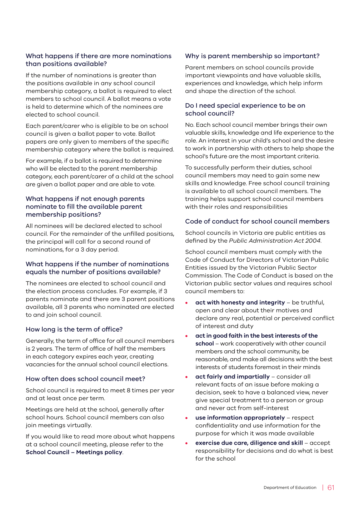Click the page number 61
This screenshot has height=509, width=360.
tap(331, 488)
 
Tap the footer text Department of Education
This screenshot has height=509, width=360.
tap(290, 488)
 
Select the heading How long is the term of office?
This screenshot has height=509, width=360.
tap(74, 329)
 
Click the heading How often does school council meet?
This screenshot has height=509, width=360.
tap(85, 379)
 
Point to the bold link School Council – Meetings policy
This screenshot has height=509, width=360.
tap(74, 452)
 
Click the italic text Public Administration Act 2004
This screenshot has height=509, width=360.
tap(275, 241)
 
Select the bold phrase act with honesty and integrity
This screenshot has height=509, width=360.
tap(240, 303)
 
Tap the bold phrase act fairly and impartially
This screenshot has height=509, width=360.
tap(232, 377)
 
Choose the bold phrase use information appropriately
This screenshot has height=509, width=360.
tap(240, 418)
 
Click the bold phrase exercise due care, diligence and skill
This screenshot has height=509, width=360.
tap(249, 443)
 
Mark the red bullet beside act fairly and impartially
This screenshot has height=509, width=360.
tap(187, 377)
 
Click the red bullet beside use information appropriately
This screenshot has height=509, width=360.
tap(187, 418)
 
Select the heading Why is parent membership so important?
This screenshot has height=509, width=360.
tap(252, 56)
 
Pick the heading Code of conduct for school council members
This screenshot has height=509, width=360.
tap(257, 221)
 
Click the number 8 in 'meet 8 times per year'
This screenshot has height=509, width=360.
tap(129, 390)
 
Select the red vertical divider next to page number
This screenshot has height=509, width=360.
tap(323, 488)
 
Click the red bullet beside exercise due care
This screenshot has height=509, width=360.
tap(187, 443)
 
